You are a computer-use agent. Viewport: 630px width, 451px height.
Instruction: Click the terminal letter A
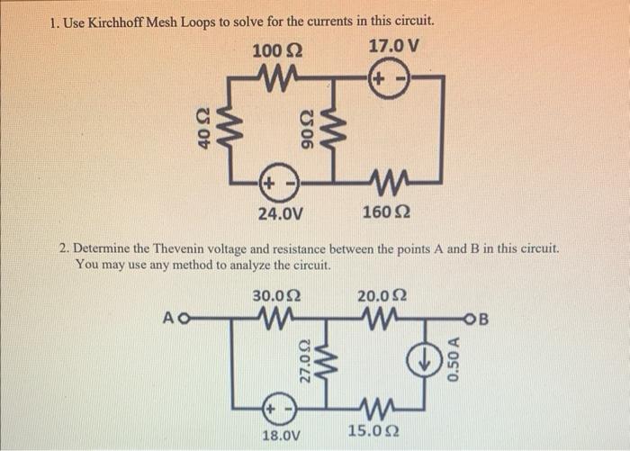(169, 317)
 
